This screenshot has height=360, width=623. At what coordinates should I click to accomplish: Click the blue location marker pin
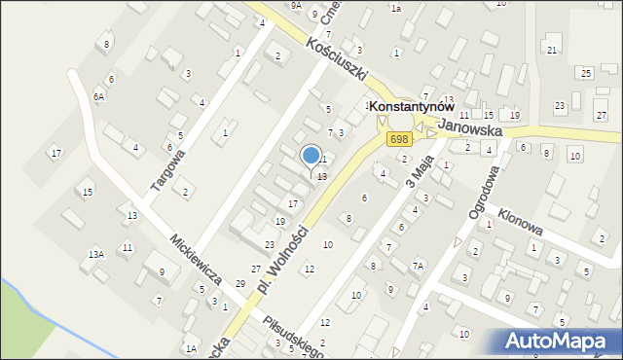tap(311, 157)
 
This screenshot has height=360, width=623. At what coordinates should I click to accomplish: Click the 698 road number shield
tap(398, 141)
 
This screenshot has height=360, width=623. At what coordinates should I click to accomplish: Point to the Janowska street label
tap(470, 129)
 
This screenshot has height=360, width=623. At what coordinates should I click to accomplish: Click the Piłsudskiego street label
tap(291, 331)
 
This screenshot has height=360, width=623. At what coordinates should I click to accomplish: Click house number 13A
tap(95, 254)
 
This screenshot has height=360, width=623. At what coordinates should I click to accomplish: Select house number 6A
tap(98, 97)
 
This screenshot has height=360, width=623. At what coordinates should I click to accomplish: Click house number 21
tap(552, 50)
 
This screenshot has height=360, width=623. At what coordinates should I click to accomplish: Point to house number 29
tap(240, 283)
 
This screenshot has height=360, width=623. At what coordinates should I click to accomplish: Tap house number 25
tap(585, 73)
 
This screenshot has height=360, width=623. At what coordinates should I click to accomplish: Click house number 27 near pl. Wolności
tap(256, 269)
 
